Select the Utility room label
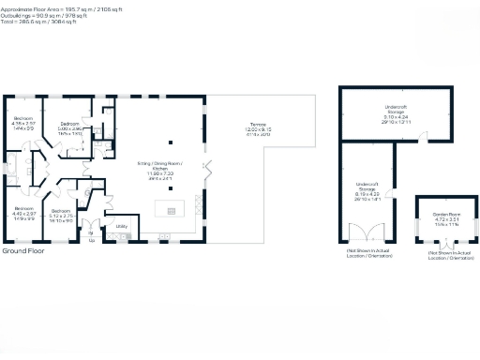[x=122, y=226]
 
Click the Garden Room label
[x=445, y=217]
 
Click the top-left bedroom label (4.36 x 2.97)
[x=22, y=124]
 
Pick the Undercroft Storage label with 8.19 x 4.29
[x=367, y=190]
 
